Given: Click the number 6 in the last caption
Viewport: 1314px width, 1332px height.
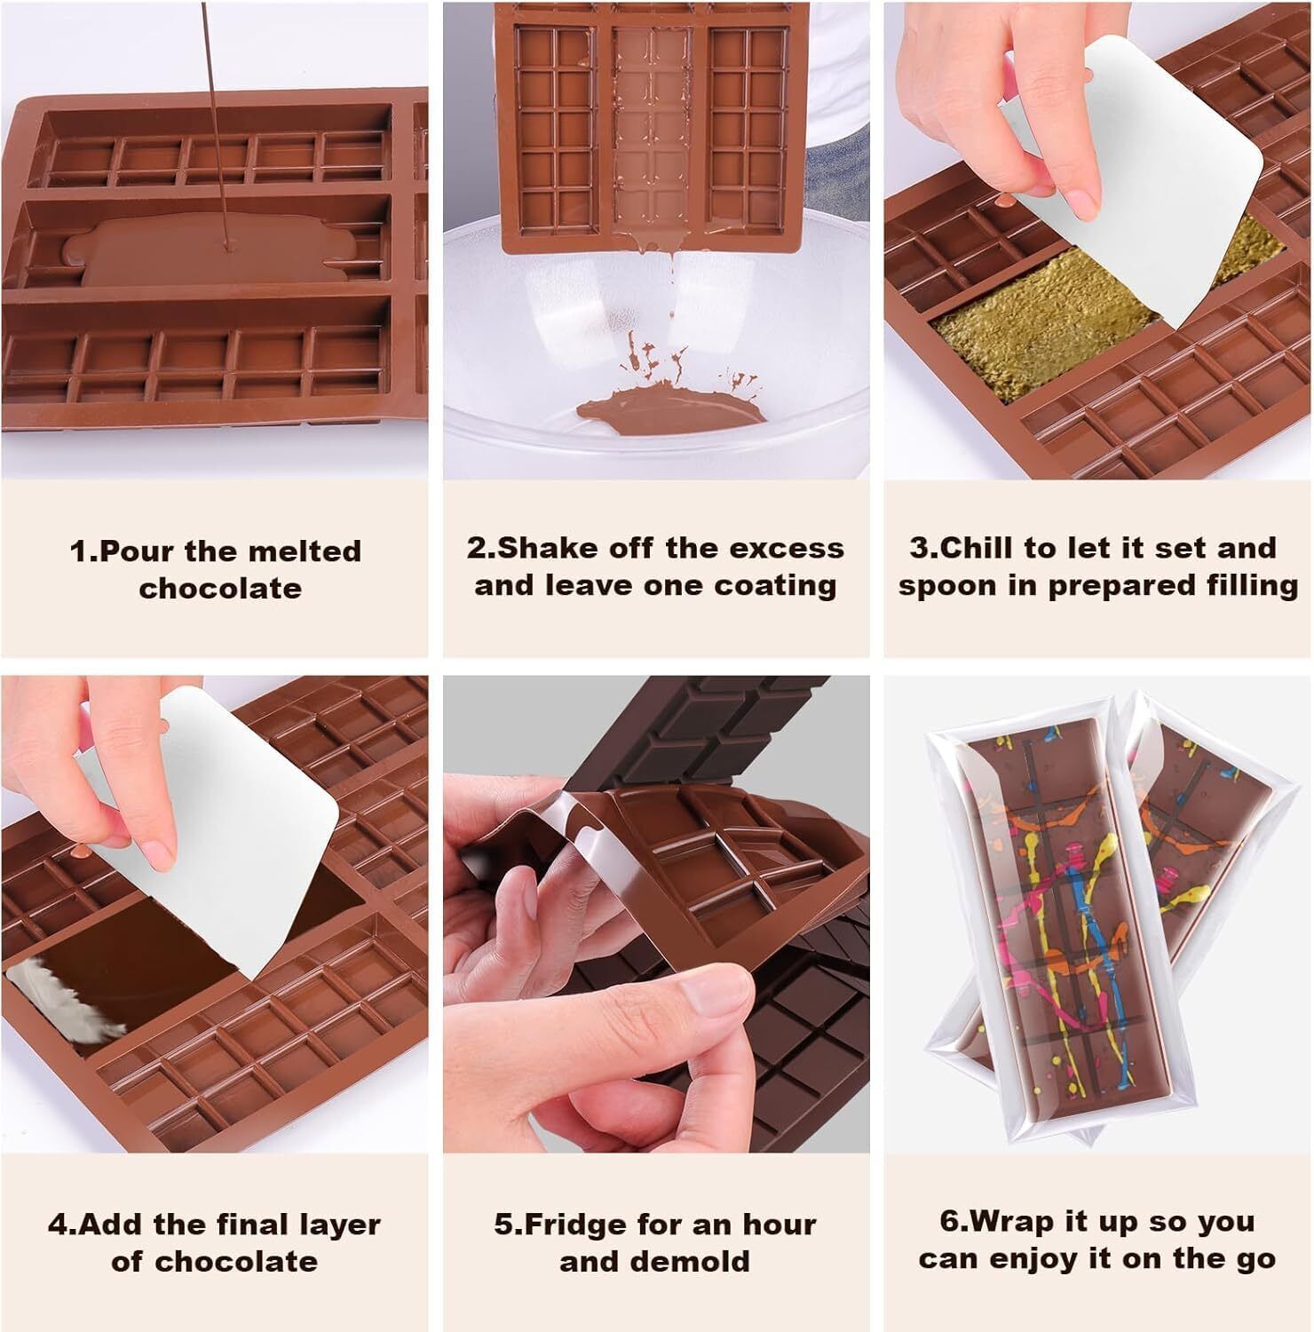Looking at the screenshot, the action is (948, 1223).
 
